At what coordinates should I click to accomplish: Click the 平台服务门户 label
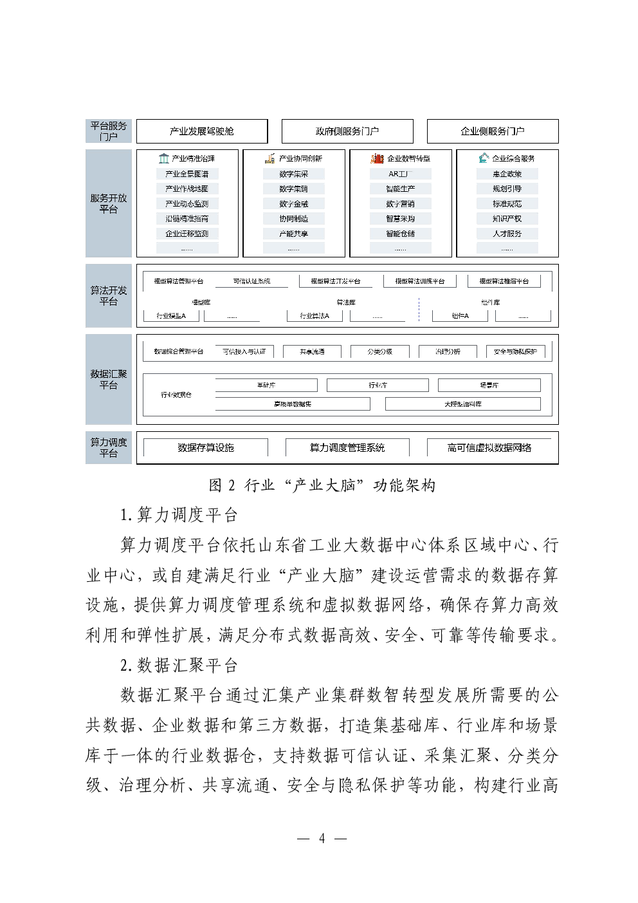108,131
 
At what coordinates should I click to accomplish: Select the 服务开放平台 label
108,203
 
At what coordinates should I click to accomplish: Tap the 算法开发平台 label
108,295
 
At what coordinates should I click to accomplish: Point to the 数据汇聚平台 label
108,379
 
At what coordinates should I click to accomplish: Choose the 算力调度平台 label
108,447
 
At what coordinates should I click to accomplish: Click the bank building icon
164,158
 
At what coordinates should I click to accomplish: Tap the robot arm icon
484,158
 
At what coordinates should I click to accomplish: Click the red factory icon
377,158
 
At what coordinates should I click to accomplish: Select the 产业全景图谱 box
187,174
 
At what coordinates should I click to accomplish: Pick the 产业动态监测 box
187,203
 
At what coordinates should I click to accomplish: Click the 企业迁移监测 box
187,234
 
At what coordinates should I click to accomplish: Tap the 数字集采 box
293,174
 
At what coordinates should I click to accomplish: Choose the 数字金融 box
293,203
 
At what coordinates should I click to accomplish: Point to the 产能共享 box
293,234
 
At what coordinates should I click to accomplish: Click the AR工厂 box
400,174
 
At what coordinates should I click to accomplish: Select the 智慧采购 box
400,219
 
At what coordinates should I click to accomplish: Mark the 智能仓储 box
400,234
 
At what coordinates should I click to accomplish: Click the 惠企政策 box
507,174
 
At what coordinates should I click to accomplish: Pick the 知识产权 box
507,219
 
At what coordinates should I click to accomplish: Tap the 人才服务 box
507,234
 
